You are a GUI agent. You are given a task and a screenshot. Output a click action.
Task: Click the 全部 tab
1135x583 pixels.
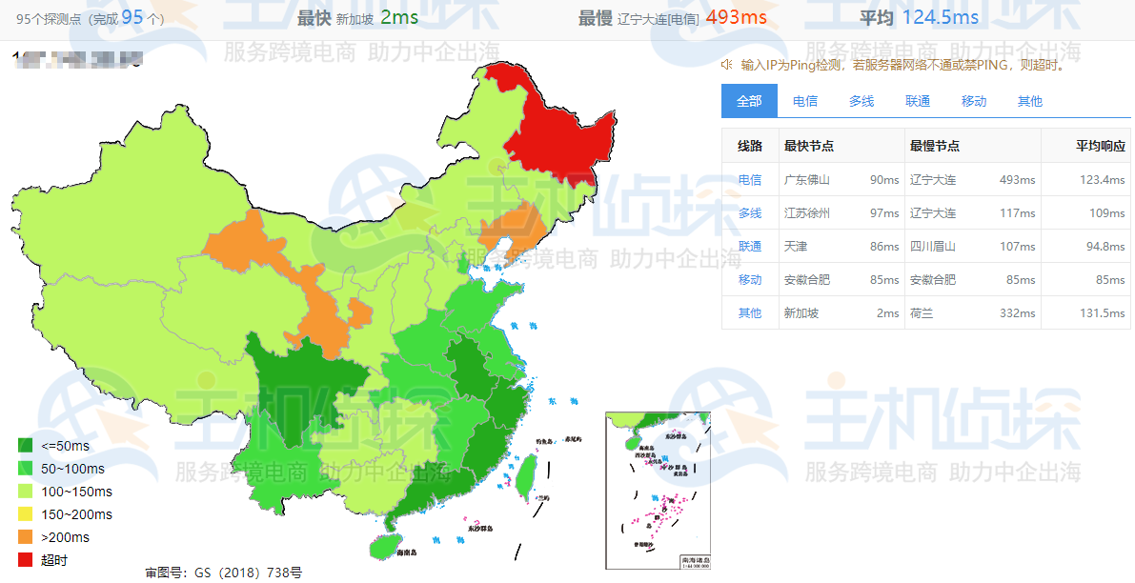[x=749, y=101]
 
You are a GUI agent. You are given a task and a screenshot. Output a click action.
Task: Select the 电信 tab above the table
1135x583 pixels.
[x=805, y=101]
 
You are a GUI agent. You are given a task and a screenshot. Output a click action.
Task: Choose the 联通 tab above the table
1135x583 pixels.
[x=918, y=101]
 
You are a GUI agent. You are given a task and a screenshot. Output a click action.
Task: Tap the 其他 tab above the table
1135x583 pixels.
[x=1030, y=101]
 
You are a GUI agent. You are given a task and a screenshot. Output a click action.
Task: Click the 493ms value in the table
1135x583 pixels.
[x=1017, y=180]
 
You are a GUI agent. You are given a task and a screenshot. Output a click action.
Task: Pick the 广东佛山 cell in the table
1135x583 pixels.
[x=807, y=180]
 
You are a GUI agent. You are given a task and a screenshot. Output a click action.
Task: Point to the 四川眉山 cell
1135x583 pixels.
[x=933, y=247]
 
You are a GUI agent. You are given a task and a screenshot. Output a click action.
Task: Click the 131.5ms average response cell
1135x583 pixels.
[x=1104, y=313]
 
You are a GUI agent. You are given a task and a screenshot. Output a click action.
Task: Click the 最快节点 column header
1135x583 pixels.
[x=809, y=147]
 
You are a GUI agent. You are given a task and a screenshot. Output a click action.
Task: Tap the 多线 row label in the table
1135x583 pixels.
[x=750, y=213]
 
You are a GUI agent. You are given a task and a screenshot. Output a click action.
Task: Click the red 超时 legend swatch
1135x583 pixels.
[x=26, y=560]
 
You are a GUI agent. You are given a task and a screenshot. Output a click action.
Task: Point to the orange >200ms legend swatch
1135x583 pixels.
[x=26, y=537]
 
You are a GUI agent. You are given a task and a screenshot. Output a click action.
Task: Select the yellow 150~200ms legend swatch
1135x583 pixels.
[x=26, y=514]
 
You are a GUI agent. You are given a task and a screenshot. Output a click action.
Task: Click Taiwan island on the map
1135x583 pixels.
[x=525, y=471]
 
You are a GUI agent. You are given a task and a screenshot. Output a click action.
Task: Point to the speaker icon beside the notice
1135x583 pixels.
[x=727, y=65]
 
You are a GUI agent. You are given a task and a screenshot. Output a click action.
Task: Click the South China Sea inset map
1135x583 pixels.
[x=658, y=491]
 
